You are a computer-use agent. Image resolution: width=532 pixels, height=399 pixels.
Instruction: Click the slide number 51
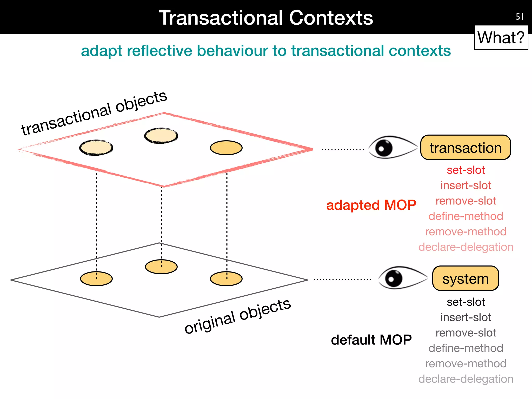(x=520, y=17)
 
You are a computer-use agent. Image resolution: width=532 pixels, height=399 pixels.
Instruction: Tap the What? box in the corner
(x=501, y=38)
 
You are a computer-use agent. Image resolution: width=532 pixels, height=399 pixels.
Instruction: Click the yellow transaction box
(x=465, y=148)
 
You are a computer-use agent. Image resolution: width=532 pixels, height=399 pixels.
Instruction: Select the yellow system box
(x=465, y=278)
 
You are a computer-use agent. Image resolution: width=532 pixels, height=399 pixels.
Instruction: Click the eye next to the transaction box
(x=391, y=148)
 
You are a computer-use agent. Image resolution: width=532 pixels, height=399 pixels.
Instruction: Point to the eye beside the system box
(x=401, y=278)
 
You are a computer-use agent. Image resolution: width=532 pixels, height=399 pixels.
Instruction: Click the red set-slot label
(x=466, y=170)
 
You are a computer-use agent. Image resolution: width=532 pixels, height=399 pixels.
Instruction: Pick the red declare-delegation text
(x=466, y=247)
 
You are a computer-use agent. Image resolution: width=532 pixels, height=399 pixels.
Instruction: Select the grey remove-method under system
(x=466, y=363)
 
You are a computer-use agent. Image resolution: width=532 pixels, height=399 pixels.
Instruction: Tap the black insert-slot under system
(x=466, y=317)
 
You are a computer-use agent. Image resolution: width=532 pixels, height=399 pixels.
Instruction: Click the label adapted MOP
(x=371, y=205)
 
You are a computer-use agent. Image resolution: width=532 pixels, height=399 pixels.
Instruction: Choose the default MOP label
(x=371, y=340)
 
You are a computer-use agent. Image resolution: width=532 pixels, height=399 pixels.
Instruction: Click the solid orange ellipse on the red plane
(x=226, y=148)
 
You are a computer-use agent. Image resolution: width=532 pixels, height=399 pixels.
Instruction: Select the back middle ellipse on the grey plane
(x=161, y=267)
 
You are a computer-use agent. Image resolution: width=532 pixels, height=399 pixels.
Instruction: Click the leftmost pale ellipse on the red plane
(x=96, y=148)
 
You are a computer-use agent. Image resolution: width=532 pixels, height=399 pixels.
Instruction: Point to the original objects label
(x=237, y=316)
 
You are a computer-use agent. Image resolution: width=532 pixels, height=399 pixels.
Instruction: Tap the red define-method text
(x=466, y=216)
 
